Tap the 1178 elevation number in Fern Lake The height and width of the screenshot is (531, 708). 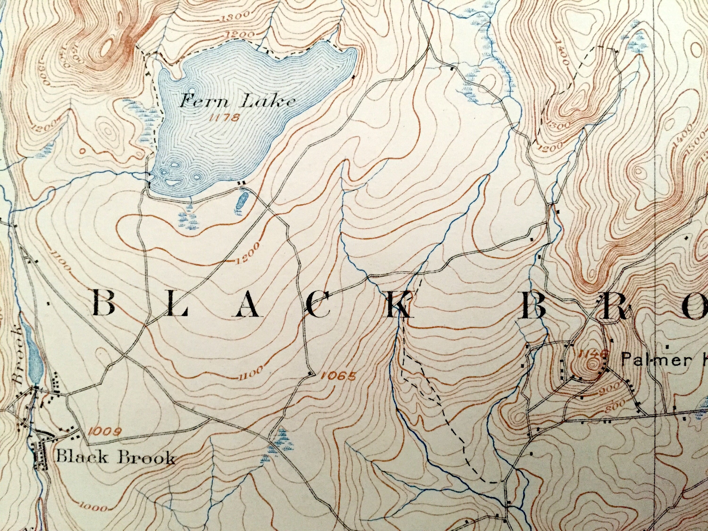pos(224,118)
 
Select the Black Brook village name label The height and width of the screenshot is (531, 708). pos(115,458)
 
